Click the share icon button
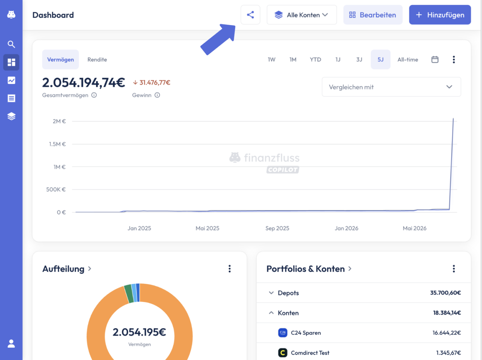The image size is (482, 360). (250, 15)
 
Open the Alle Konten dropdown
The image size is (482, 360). (301, 15)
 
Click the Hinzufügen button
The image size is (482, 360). (440, 15)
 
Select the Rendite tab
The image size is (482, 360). (97, 59)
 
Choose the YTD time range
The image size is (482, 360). (315, 59)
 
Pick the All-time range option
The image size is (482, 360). (408, 59)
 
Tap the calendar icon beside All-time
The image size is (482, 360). (435, 59)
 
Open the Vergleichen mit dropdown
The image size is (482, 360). (391, 87)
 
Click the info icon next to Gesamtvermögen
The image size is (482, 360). (94, 95)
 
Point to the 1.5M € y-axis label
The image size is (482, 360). (57, 144)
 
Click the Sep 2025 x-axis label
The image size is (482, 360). (277, 228)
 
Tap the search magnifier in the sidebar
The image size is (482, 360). (11, 44)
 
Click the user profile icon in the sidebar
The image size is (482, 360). (11, 344)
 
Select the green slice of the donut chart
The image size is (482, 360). (129, 293)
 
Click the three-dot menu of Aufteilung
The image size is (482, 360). (229, 269)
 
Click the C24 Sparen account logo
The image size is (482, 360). (283, 333)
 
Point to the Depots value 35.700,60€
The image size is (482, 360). (445, 293)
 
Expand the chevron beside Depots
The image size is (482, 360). (271, 293)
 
